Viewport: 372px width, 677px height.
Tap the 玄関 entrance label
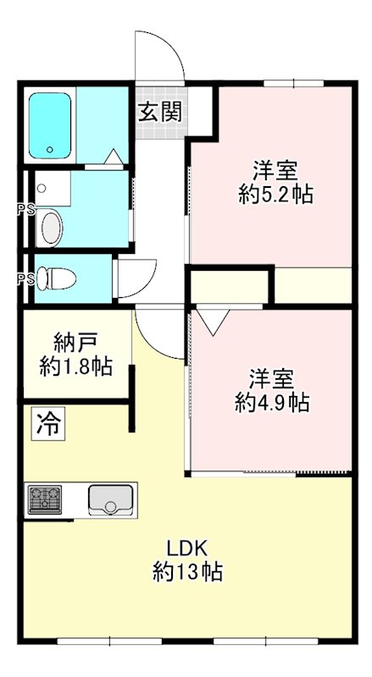pyautogui.click(x=160, y=111)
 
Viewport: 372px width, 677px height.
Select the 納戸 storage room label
pyautogui.click(x=75, y=343)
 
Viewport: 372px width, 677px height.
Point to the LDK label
pyautogui.click(x=187, y=547)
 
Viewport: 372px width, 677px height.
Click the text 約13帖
pyautogui.click(x=187, y=572)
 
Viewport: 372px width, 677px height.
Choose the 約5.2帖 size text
pyautogui.click(x=276, y=195)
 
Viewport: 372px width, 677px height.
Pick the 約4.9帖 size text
pyautogui.click(x=271, y=402)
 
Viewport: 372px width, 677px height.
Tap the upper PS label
pyautogui.click(x=25, y=210)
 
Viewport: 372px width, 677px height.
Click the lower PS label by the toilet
pyautogui.click(x=25, y=278)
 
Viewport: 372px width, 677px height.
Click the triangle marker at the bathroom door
pyautogui.click(x=114, y=157)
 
